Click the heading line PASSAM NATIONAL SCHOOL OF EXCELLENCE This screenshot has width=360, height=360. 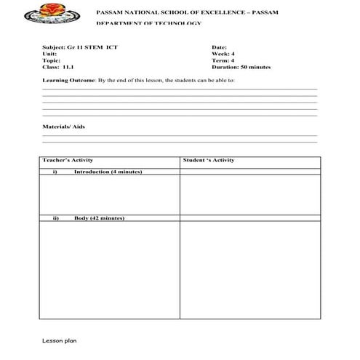tap(185, 13)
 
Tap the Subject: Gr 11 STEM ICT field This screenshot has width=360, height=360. tap(80, 47)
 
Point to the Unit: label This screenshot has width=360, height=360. tap(50, 53)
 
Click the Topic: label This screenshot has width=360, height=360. tap(52, 60)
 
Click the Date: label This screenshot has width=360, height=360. tap(220, 47)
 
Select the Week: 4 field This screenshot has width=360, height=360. tap(223, 53)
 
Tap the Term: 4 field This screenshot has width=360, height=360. tap(223, 60)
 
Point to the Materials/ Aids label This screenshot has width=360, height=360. tap(64, 125)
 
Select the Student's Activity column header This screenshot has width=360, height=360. tap(209, 160)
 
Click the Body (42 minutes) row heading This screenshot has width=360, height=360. tap(99, 218)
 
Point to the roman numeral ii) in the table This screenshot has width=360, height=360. tap(55, 218)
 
